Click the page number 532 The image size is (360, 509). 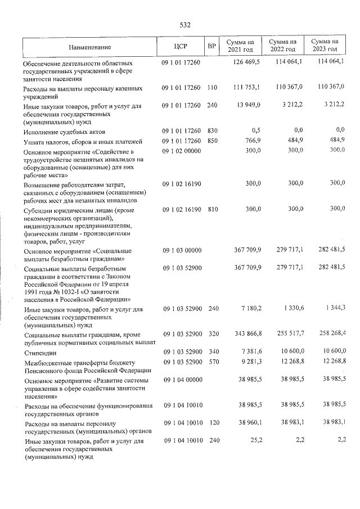coord(185,25)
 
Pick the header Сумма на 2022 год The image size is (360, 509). coord(283,46)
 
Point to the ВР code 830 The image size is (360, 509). coord(212,131)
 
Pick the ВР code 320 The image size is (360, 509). coord(212,335)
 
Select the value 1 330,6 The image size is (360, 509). coord(292,309)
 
